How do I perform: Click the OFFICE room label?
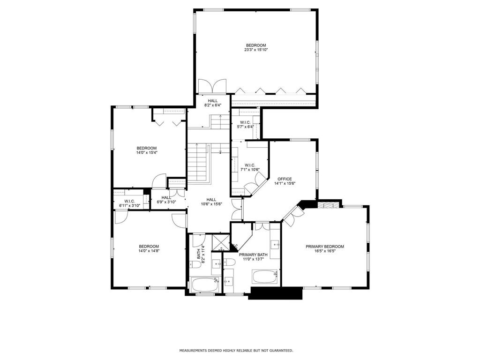[x=285, y=179]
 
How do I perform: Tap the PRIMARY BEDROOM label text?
[x=325, y=247]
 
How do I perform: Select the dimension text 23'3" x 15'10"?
[x=256, y=50]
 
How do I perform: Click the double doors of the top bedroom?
[x=213, y=88]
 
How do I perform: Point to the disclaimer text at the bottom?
[x=236, y=351]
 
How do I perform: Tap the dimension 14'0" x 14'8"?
[x=149, y=251]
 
